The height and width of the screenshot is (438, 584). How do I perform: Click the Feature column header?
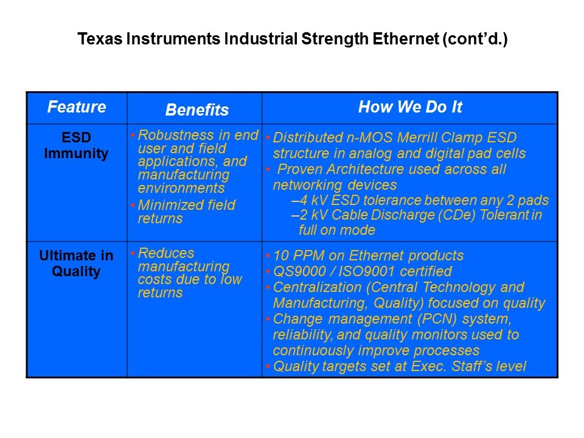(x=77, y=107)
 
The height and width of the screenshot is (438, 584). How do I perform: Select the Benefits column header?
(x=197, y=110)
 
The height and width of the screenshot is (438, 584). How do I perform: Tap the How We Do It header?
(x=410, y=107)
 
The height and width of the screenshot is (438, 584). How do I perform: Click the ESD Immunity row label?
(x=77, y=145)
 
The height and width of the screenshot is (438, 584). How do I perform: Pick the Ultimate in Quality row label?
(x=77, y=263)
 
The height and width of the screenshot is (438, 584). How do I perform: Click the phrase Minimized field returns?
(x=187, y=212)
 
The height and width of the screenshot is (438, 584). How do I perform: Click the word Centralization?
(x=318, y=287)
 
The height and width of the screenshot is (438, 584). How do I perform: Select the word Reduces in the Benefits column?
(x=166, y=253)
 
